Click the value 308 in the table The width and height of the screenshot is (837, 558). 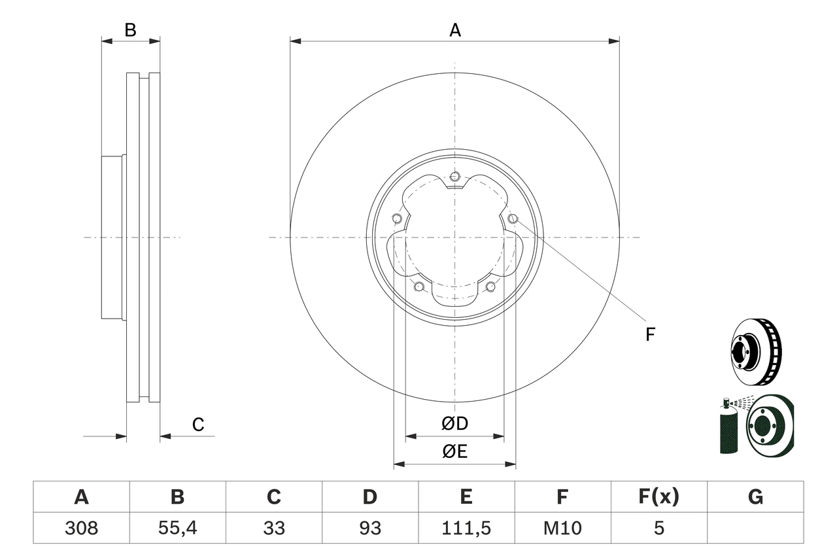click(81, 528)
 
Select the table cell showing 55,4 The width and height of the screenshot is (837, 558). click(177, 528)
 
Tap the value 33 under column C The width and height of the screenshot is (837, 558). click(273, 528)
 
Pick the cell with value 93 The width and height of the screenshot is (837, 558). click(369, 528)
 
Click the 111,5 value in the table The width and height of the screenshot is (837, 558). click(466, 528)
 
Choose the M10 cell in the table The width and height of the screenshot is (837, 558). click(562, 528)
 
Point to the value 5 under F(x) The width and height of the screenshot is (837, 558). click(658, 528)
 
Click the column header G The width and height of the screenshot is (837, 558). click(755, 497)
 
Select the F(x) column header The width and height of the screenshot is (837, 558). click(658, 497)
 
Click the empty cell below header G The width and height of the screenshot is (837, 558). click(755, 528)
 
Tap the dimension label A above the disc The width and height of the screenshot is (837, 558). click(455, 30)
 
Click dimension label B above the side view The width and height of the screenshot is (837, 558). click(131, 30)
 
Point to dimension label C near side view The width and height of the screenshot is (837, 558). click(198, 425)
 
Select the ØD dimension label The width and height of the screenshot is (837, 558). click(455, 424)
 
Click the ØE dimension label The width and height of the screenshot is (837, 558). click(455, 452)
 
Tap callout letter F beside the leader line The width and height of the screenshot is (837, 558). click(650, 335)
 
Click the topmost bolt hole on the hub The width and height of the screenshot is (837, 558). click(455, 176)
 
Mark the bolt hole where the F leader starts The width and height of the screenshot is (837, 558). click(512, 218)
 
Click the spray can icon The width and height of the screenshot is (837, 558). click(728, 428)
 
